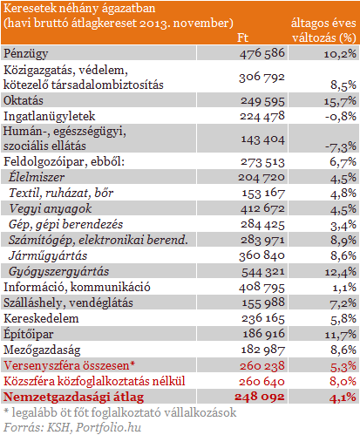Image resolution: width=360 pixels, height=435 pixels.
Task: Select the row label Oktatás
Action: [x=24, y=101]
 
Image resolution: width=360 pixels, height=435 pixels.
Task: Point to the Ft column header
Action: [x=243, y=38]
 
